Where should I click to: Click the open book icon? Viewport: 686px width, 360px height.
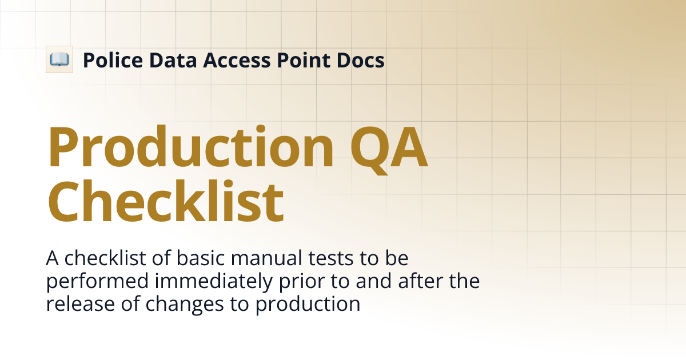(x=59, y=59)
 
